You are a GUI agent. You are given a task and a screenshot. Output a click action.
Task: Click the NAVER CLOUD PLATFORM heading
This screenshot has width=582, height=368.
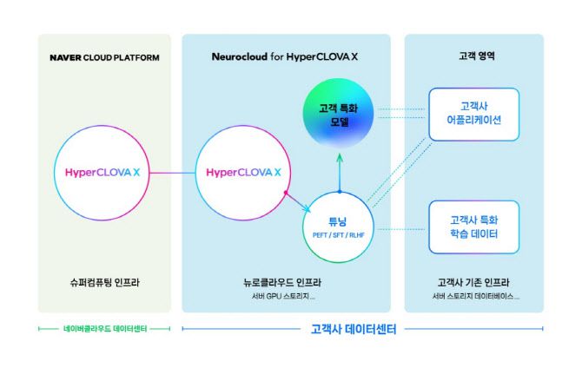coord(104,58)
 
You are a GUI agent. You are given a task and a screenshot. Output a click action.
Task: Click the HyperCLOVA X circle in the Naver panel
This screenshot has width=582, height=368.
coord(103,173)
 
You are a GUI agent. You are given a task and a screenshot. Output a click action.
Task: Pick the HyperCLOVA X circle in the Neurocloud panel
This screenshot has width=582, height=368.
coord(244,173)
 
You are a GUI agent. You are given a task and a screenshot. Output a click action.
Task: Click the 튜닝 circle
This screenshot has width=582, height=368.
coord(339,227)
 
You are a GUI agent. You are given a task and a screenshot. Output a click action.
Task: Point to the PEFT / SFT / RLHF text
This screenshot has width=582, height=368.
coord(339,235)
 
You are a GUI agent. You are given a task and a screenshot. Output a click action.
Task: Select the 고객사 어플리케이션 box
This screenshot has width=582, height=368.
coord(473,114)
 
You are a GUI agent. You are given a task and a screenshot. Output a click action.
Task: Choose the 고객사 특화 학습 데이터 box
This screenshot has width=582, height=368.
coord(473,227)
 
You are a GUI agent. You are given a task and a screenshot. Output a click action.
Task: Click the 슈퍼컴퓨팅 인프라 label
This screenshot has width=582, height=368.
coord(103,282)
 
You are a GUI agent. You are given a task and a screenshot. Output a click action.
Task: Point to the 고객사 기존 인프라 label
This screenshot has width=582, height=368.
coord(474,282)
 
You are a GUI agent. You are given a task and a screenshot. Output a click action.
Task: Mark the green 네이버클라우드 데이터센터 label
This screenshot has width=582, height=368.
coord(104,329)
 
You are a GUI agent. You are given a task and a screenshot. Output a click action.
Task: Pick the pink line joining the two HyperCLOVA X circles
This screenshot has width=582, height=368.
coord(173,174)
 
